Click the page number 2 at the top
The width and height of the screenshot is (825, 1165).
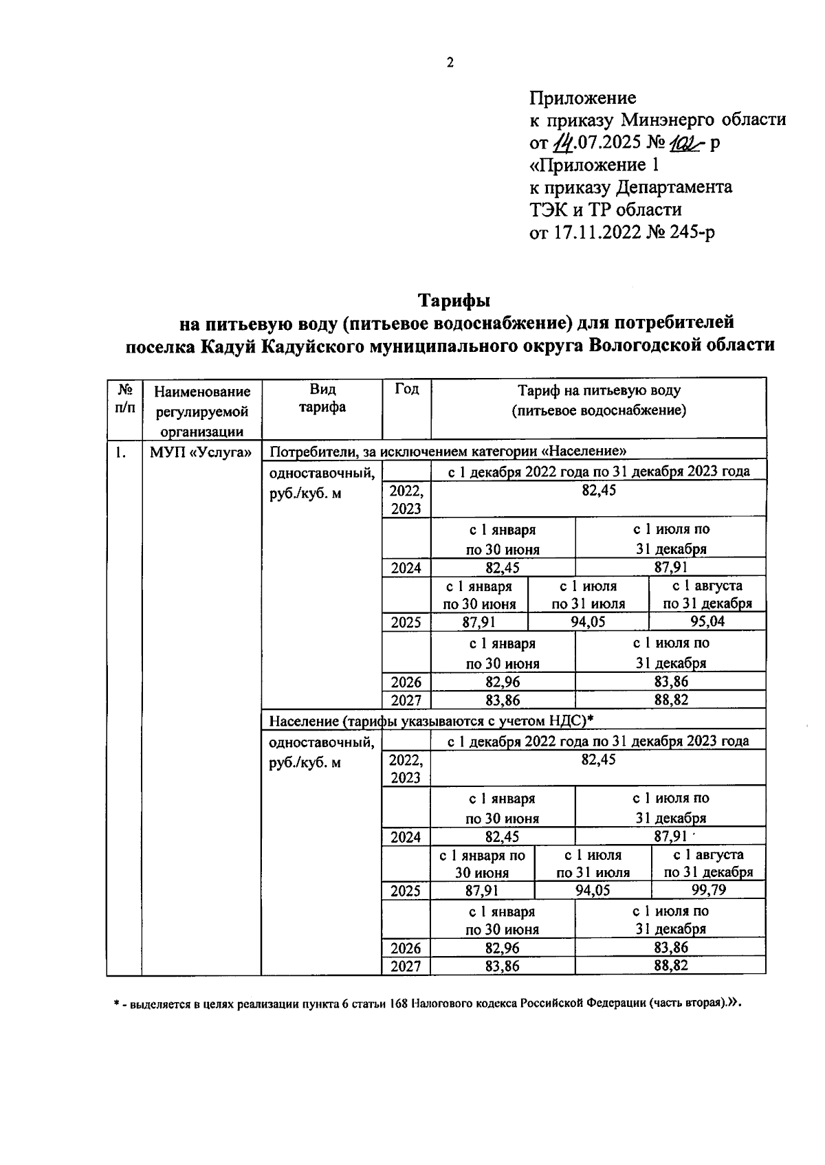click(x=450, y=63)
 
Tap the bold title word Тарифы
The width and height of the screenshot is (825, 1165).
click(x=454, y=300)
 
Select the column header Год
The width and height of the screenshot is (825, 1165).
click(x=406, y=389)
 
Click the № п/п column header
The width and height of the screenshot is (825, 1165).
click(x=124, y=398)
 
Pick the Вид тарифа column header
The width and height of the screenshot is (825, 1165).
click(x=321, y=398)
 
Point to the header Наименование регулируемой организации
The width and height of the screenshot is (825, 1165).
click(x=201, y=411)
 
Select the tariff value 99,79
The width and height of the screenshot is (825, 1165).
click(x=708, y=891)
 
